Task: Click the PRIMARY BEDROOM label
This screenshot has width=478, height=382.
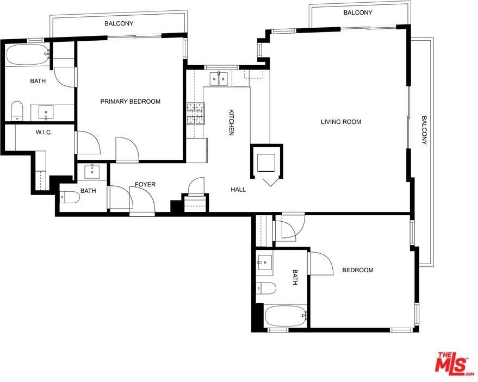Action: [131, 102]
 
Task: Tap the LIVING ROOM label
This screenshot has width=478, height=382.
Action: [341, 122]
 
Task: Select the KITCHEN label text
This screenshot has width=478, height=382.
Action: [232, 122]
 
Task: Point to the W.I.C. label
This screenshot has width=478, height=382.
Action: [44, 133]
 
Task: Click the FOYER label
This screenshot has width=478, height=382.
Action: [145, 184]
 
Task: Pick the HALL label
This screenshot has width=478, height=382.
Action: [238, 190]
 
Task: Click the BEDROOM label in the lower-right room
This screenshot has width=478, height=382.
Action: [358, 270]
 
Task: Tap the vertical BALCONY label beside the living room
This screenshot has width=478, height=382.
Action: [424, 130]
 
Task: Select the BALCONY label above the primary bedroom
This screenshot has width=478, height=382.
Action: [119, 23]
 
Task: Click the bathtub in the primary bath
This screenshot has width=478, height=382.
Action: [27, 54]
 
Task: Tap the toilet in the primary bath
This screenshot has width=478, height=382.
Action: [17, 111]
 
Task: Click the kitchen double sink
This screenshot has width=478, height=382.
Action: [219, 79]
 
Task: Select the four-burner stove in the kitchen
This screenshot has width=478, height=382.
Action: [195, 114]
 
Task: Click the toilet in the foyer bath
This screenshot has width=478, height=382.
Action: [70, 197]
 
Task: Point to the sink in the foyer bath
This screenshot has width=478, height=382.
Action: [92, 172]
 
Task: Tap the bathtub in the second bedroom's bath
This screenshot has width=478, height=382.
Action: [285, 316]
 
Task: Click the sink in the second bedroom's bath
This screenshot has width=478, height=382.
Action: [264, 262]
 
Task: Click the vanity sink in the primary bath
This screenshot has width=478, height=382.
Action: [46, 112]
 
